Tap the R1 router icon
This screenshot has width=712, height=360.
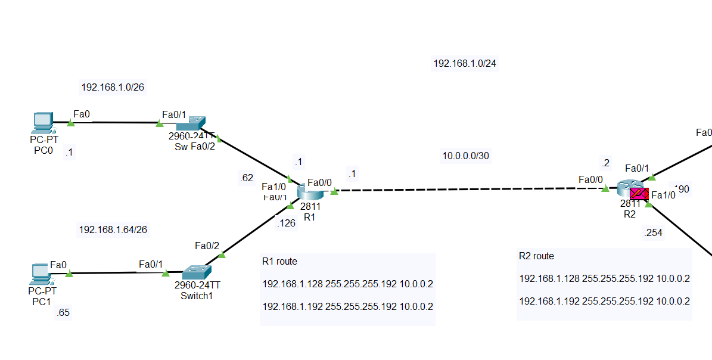pyautogui.click(x=310, y=191)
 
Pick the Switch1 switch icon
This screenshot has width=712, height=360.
pyautogui.click(x=195, y=272)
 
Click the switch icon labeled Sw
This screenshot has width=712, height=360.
pyautogui.click(x=190, y=123)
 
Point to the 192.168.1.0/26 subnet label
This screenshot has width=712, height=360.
pyautogui.click(x=113, y=88)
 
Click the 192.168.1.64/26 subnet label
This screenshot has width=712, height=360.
pyautogui.click(x=113, y=229)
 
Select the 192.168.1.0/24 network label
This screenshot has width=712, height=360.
pyautogui.click(x=464, y=63)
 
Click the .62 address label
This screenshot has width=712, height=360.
pyautogui.click(x=245, y=177)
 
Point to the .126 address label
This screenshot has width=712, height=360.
pyautogui.click(x=286, y=224)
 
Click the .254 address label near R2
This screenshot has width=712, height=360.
pyautogui.click(x=653, y=233)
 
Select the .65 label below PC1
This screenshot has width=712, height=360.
pyautogui.click(x=63, y=313)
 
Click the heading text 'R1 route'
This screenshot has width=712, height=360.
pyautogui.click(x=279, y=261)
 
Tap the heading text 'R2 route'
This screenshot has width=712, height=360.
pyautogui.click(x=536, y=256)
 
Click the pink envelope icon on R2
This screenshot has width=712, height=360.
pyautogui.click(x=639, y=194)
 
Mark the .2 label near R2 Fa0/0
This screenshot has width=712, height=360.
pyautogui.click(x=605, y=163)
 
